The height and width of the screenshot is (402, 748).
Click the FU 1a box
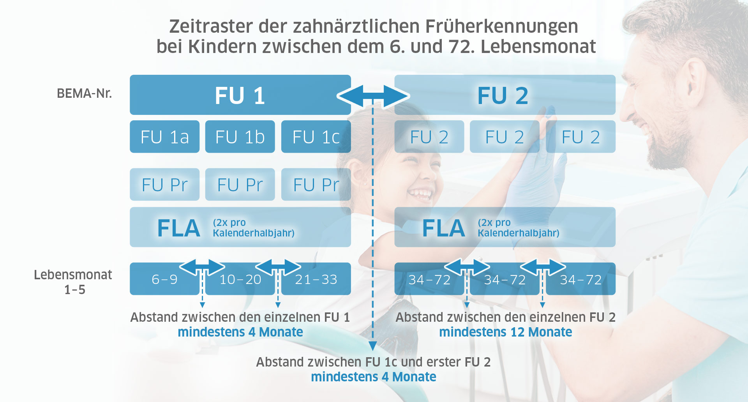[164, 137]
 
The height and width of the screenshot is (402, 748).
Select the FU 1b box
[240, 137]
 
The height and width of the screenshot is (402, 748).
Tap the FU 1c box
[316, 137]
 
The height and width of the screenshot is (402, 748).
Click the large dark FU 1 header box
[240, 95]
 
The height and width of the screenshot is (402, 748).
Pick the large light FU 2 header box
[505, 95]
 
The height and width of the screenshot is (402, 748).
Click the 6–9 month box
[164, 279]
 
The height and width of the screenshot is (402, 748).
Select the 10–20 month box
[240, 279]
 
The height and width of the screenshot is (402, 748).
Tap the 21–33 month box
[316, 279]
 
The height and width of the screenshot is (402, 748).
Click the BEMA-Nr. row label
[84, 93]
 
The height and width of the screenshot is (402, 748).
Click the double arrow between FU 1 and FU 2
[373, 96]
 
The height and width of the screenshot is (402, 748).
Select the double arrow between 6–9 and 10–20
[202, 267]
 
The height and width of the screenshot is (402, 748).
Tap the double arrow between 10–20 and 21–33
[278, 267]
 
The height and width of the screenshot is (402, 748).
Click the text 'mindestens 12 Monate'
[506, 332]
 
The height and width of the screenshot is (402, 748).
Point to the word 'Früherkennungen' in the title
[501, 26]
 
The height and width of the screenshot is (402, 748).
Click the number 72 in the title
[461, 47]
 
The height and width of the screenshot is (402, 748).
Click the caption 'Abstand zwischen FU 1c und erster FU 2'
[373, 362]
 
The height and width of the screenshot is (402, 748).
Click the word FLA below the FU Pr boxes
[179, 228]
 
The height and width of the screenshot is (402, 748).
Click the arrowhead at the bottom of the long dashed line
[372, 346]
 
